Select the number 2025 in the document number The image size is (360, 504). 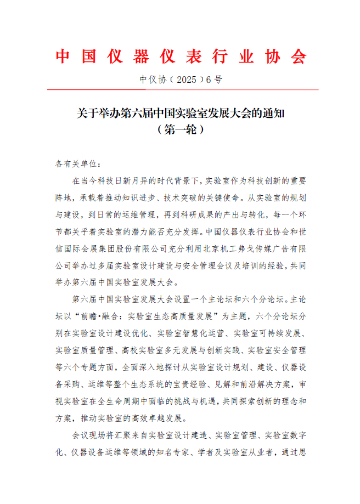pyautogui.click(x=183, y=80)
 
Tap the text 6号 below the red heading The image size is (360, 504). pyautogui.click(x=213, y=80)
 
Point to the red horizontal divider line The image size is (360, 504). pyautogui.click(x=181, y=90)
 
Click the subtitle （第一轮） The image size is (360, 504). pyautogui.click(x=181, y=130)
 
